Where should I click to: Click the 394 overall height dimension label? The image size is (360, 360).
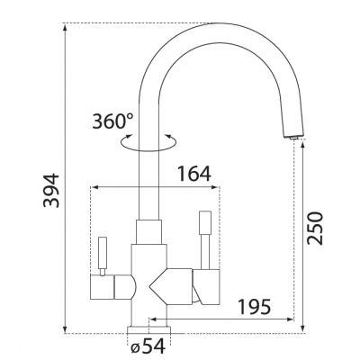click(51, 190)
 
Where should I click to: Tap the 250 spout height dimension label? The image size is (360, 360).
click(315, 229)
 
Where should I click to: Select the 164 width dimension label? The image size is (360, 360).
click(194, 174)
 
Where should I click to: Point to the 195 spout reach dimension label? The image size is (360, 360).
click(254, 307)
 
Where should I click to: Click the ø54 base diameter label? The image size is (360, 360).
click(148, 347)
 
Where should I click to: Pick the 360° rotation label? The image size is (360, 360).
click(112, 121)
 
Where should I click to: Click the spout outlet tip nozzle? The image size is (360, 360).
click(294, 137)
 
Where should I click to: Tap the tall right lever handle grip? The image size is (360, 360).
click(205, 222)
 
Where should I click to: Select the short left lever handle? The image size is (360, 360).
click(103, 253)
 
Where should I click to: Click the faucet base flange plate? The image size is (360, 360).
click(148, 329)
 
